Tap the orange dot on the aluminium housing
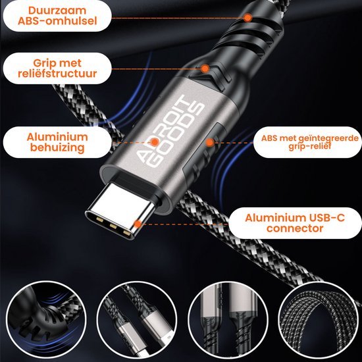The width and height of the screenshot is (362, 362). click(153, 141)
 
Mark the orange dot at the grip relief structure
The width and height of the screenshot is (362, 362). click(205, 67)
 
